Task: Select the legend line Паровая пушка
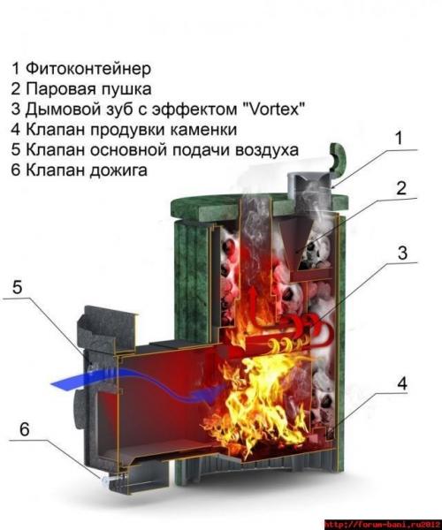88,88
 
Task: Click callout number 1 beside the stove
398,139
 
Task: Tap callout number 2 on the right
400,188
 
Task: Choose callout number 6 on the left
24,429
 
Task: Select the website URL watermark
381,523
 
